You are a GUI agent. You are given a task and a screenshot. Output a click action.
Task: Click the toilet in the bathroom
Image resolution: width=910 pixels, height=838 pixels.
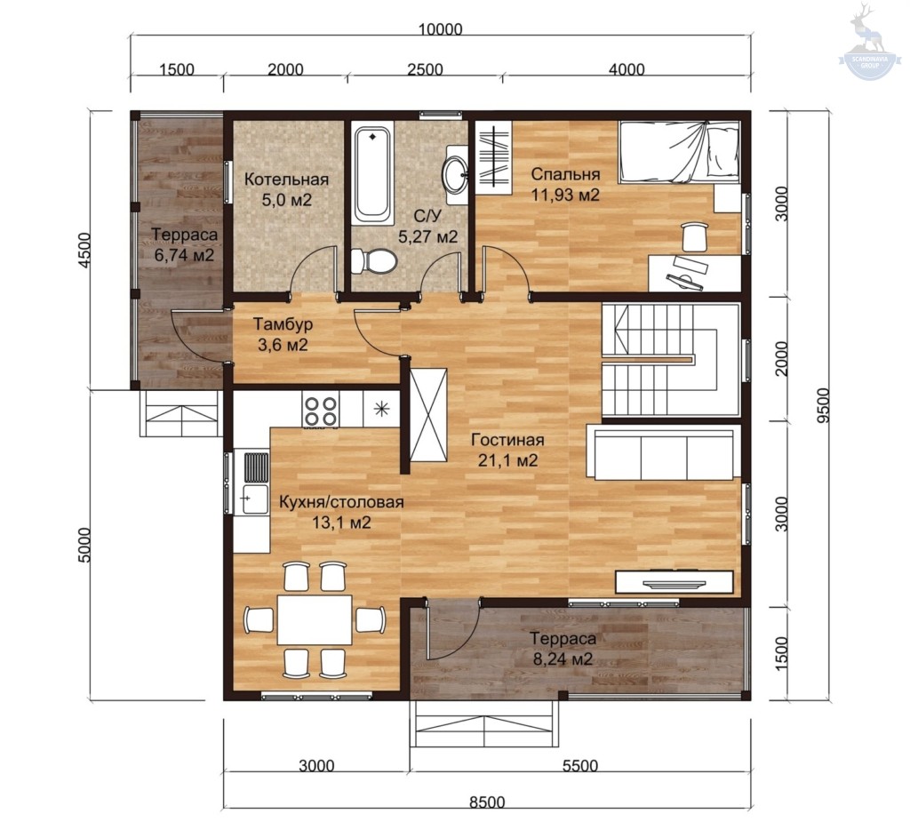(x=374, y=260)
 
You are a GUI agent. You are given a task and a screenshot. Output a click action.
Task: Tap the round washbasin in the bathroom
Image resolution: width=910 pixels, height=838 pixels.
(x=456, y=170)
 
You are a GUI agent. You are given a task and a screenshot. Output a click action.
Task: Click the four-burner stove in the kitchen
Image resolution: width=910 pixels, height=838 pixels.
(x=321, y=411)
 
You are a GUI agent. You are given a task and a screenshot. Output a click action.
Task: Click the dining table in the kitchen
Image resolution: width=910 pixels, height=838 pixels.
(x=314, y=619)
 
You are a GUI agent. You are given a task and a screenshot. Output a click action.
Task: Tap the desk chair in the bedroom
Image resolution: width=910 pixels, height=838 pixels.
(x=695, y=236)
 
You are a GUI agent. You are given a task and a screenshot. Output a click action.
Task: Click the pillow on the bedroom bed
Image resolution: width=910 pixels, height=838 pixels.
(x=723, y=153)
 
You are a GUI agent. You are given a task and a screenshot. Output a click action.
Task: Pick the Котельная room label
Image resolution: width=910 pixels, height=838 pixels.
(x=286, y=180)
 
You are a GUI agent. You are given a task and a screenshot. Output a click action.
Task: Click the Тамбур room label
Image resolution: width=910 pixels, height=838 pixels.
(x=283, y=323)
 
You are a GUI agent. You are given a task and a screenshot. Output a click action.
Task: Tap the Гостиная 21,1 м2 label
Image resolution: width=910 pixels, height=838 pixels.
(x=507, y=450)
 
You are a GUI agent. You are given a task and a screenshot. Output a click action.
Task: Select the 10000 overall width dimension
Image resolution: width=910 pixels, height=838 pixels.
(x=440, y=29)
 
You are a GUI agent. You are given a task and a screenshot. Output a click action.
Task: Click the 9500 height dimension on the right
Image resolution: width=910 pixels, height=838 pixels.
(x=823, y=405)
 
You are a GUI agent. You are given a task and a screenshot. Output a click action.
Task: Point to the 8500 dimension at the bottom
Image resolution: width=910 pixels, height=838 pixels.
(x=487, y=802)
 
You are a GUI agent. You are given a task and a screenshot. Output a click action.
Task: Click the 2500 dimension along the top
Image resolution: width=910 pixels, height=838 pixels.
(x=425, y=69)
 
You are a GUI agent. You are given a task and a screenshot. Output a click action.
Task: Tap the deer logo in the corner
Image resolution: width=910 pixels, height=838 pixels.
(x=869, y=41)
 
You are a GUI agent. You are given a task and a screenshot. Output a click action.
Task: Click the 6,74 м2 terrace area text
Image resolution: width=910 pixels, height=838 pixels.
(x=184, y=255)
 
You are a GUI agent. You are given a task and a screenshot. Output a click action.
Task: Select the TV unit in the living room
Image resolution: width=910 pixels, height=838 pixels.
(x=675, y=582)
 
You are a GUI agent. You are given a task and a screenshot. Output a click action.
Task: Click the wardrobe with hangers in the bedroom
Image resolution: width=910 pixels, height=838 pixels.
(x=493, y=158)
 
